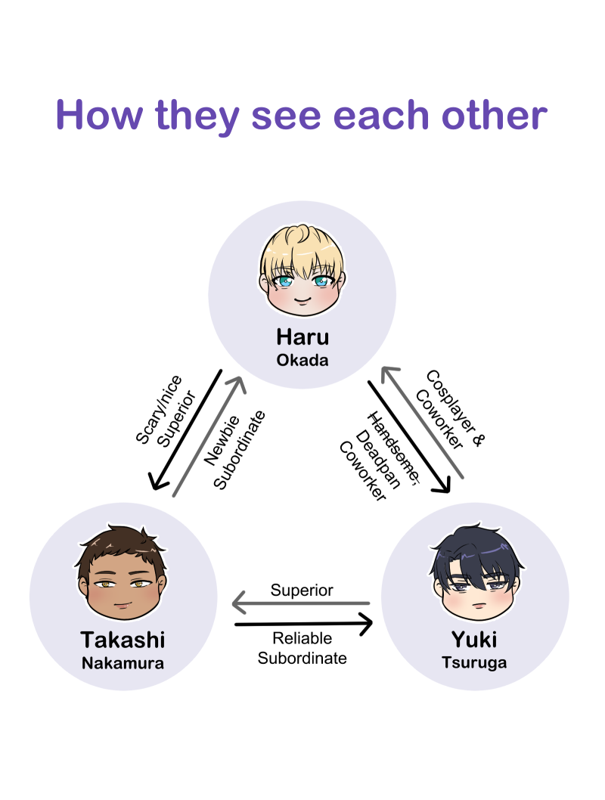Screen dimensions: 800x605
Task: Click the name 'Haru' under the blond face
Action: (302, 336)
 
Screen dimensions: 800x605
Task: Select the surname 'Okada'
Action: (302, 360)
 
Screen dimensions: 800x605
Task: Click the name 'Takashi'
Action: (123, 640)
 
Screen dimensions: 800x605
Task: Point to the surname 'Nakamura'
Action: (123, 664)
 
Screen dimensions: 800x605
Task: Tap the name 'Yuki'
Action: (474, 640)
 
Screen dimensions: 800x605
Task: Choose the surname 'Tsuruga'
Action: (474, 664)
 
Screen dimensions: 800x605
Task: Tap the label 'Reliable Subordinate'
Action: (302, 649)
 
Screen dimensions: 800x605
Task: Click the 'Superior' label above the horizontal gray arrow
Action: (302, 590)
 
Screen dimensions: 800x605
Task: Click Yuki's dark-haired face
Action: (473, 578)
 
